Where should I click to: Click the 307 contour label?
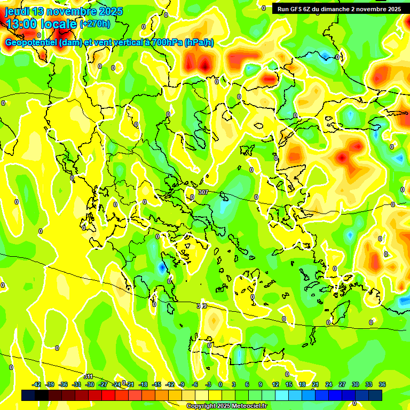[x=203, y=192]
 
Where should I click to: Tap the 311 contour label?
[x=89, y=377]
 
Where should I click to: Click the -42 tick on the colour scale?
[x=37, y=384]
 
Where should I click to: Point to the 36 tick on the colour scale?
[x=382, y=384]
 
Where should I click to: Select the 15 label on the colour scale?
[x=288, y=384]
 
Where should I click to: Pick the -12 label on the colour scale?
[x=170, y=384]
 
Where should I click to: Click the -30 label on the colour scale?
[x=90, y=384]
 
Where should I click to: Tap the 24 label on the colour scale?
[x=328, y=384]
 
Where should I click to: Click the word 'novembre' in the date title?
[x=70, y=11]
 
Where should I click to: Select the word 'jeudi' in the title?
[x=17, y=11]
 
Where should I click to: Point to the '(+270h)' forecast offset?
[x=95, y=24]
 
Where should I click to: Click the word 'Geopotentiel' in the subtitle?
[x=30, y=43]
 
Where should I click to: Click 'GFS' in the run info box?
[x=297, y=9]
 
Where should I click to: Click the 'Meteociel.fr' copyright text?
[x=246, y=406]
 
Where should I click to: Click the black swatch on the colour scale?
[x=28, y=395]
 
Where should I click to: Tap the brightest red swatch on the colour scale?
[x=108, y=395]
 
